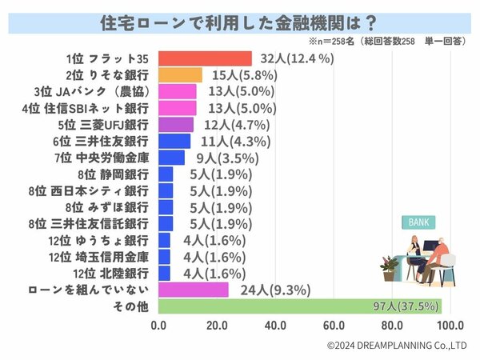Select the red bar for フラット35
click(x=205, y=58)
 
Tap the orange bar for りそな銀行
click(x=180, y=75)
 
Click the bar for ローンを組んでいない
click(x=194, y=289)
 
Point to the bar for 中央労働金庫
click(x=171, y=157)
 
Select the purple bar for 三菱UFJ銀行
click(x=176, y=124)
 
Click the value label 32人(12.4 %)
click(x=297, y=58)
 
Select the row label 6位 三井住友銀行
click(x=113, y=141)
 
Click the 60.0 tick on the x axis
click(x=334, y=326)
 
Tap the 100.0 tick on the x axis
click(x=450, y=326)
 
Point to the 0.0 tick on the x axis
click(x=158, y=326)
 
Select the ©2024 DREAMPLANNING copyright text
click(x=397, y=346)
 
